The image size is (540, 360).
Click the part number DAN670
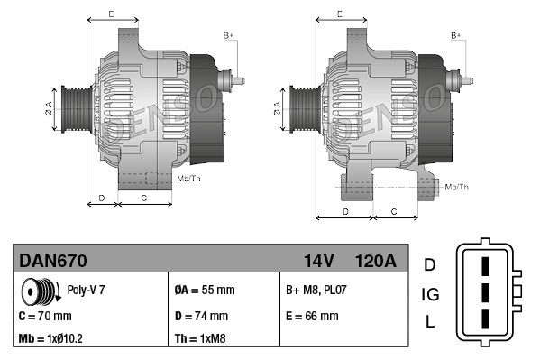[53, 262]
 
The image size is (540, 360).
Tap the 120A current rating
[377, 262]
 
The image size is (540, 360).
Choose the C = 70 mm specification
[45, 317]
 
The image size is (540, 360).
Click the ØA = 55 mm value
[204, 291]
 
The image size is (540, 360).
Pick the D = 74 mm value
[200, 317]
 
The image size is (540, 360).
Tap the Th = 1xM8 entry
[200, 340]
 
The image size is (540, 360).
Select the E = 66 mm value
[312, 317]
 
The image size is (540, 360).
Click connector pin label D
[430, 264]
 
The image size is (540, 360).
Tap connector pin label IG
[430, 294]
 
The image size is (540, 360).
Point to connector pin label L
[430, 322]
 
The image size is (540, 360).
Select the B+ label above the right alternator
[456, 34]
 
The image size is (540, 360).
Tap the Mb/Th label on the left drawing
[189, 180]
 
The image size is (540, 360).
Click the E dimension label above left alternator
[110, 14]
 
